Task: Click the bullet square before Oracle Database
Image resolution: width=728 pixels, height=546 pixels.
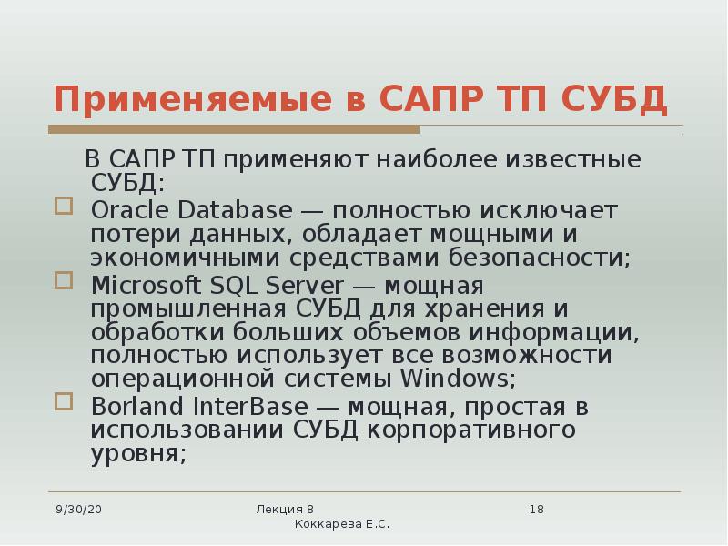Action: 63,207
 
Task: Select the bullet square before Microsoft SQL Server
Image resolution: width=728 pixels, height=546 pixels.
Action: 63,280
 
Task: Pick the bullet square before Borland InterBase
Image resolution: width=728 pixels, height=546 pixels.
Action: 63,400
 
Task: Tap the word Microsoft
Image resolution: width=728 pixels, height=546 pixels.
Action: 147,284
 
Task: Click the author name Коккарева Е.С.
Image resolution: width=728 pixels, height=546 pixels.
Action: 342,525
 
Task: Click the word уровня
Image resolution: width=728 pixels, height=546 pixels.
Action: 138,453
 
